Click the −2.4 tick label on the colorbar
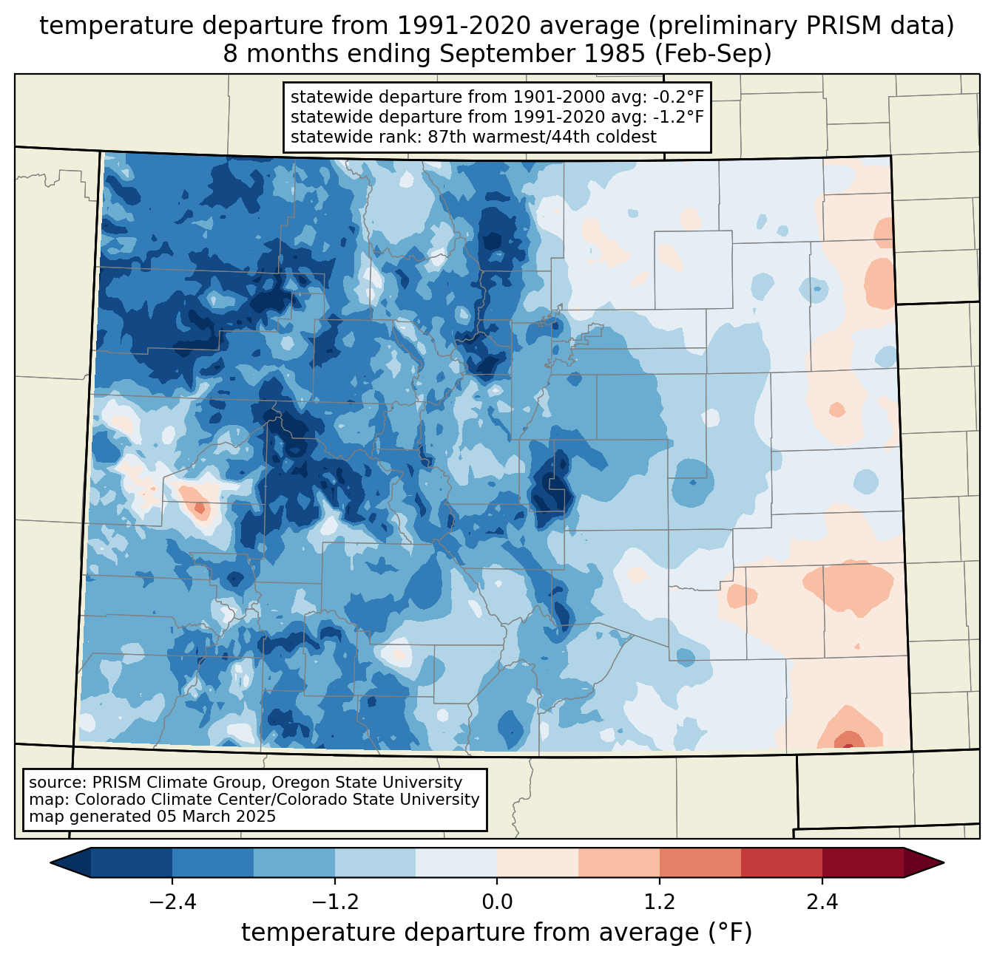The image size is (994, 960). (172, 902)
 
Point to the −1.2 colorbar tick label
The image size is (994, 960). (334, 902)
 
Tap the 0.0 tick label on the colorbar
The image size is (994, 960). (497, 902)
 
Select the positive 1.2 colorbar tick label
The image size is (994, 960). (660, 902)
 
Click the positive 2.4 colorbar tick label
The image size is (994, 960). (822, 902)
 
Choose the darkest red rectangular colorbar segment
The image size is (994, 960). (862, 862)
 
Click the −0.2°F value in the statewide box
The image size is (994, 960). (677, 98)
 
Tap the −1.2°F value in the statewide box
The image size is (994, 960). (677, 117)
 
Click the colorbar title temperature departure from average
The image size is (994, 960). (497, 933)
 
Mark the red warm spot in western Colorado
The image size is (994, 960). (198, 508)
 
